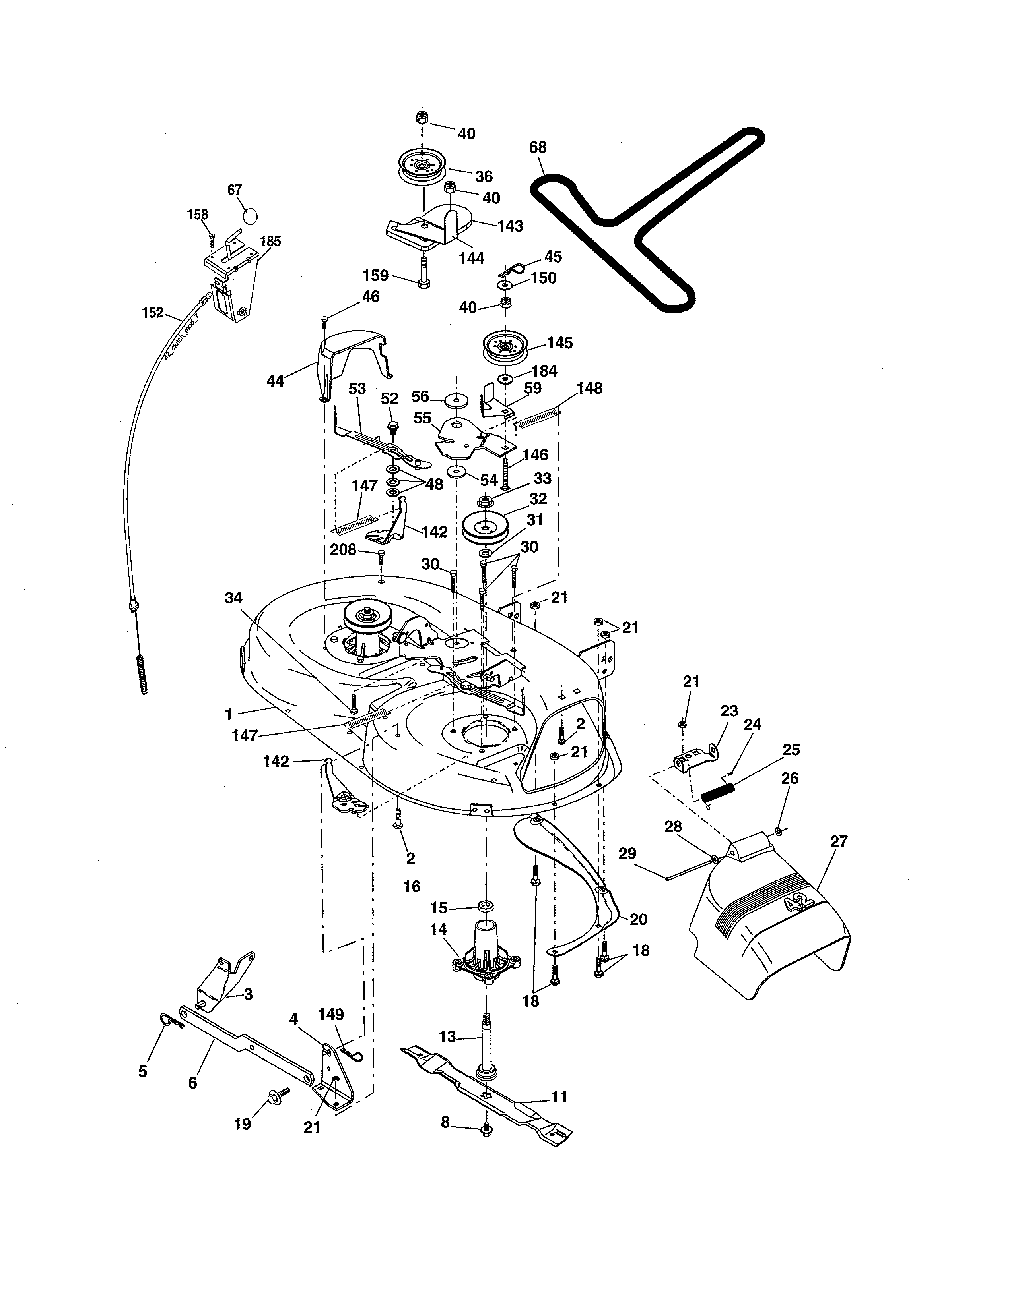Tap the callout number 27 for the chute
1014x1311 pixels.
pos(839,841)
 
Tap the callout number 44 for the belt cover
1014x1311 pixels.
pos(275,381)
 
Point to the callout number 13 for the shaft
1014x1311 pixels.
pos(447,1036)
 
